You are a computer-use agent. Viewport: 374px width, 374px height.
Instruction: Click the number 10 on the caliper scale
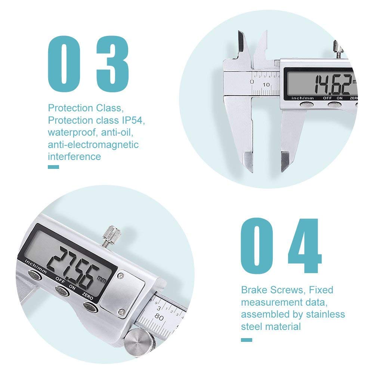pos(266,84)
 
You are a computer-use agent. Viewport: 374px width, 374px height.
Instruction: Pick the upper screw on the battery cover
pos(121,277)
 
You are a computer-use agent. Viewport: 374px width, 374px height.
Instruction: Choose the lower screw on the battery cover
pos(121,311)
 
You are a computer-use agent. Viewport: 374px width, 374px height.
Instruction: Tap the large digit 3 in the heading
pos(112,62)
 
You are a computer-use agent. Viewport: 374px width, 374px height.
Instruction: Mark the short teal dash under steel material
pos(246,340)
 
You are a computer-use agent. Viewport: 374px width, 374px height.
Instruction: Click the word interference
pos(74,156)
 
